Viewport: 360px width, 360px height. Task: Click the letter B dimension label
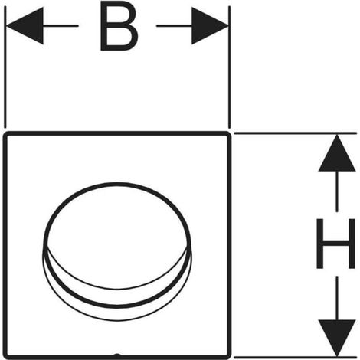[119, 25]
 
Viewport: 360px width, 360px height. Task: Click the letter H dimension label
[335, 244]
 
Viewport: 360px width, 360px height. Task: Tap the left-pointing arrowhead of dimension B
[25, 25]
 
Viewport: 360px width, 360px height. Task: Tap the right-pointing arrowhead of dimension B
[210, 25]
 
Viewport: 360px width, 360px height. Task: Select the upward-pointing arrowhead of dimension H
[337, 153]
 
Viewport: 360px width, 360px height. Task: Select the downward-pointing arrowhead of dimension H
[337, 338]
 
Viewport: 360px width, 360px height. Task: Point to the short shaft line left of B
[61, 25]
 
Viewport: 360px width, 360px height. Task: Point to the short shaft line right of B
[174, 25]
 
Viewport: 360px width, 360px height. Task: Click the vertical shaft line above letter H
[337, 191]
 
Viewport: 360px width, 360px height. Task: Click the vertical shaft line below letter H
[337, 298]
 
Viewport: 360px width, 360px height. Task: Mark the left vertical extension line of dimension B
[5, 67]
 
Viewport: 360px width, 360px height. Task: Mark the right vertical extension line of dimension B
[230, 67]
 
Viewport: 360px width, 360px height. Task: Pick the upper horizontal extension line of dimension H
[295, 133]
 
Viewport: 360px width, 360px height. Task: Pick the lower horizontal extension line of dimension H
[295, 357]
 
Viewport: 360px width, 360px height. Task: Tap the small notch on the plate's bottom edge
[116, 355]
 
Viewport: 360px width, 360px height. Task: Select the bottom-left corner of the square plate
[5, 357]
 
